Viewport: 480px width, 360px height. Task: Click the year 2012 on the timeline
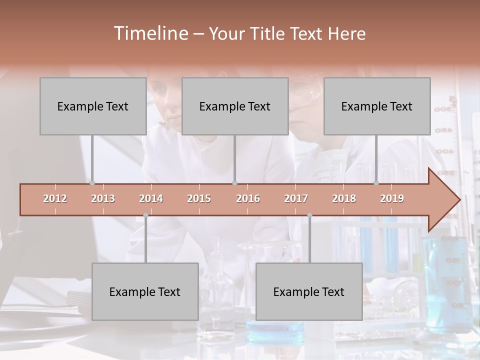(x=55, y=199)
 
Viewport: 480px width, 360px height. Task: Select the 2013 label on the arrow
(x=103, y=199)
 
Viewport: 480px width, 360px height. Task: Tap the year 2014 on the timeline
(x=151, y=199)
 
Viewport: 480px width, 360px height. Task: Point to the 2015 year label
(x=199, y=199)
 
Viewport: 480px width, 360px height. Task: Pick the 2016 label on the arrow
(x=248, y=199)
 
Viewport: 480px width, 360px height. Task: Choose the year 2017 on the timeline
(x=296, y=199)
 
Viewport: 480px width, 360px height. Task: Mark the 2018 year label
(x=344, y=199)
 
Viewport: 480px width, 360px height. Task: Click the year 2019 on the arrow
(x=392, y=199)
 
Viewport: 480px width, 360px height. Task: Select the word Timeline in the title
(x=150, y=33)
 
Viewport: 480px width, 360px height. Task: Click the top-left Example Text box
(x=93, y=106)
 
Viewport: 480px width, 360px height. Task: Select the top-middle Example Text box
(x=235, y=106)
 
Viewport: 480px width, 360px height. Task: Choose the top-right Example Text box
(x=377, y=106)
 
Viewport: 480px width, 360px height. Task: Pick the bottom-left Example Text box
(x=145, y=291)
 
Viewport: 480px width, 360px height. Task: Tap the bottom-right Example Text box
(x=309, y=291)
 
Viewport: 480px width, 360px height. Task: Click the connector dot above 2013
(x=92, y=183)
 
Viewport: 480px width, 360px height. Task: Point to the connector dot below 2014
(x=145, y=215)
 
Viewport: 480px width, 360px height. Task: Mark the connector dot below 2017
(x=309, y=215)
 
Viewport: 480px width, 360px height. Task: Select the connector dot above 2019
(x=376, y=183)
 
